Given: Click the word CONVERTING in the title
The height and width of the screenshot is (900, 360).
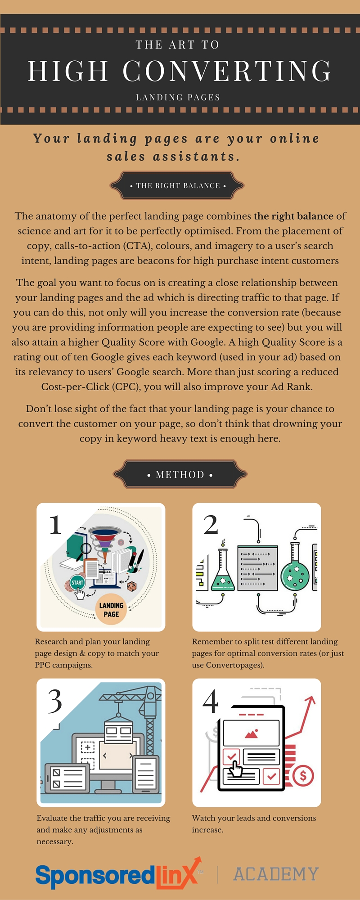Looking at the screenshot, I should click(x=227, y=71).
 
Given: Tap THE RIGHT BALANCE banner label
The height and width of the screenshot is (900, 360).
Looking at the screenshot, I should click(x=178, y=185).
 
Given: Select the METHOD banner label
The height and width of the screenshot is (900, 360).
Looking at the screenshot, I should click(x=180, y=474).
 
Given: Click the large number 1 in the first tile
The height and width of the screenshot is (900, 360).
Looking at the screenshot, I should click(x=55, y=525).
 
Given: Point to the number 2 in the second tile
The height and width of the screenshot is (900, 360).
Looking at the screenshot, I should click(x=211, y=525).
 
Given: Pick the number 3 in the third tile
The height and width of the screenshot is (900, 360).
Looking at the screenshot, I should click(x=55, y=701).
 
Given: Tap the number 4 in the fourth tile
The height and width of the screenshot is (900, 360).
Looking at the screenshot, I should click(x=211, y=701).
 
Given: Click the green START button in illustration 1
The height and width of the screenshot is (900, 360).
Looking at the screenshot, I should click(x=77, y=582).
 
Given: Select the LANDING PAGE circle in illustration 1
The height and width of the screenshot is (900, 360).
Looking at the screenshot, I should click(x=111, y=610).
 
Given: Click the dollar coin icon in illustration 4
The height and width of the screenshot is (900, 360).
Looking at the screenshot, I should click(x=303, y=775).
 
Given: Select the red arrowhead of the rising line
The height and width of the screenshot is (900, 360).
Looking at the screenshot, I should click(x=310, y=701).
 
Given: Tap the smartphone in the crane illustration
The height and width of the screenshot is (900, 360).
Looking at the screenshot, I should click(x=145, y=774).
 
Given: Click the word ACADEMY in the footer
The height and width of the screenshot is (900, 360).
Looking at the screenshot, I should click(x=276, y=874).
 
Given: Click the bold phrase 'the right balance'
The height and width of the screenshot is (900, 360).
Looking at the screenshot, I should click(x=293, y=216).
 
